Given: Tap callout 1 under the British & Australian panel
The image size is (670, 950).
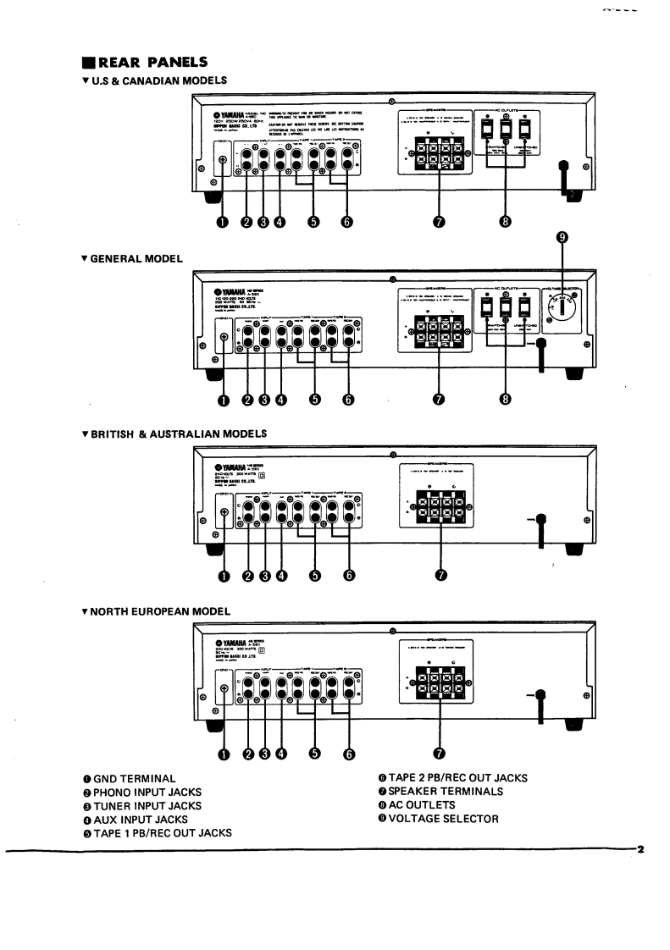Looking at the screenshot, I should [224, 576].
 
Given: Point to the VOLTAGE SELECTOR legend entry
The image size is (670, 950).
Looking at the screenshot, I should [438, 819].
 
